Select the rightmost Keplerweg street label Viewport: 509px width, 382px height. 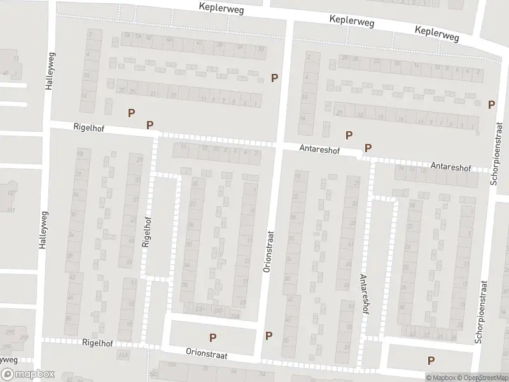point(436,33)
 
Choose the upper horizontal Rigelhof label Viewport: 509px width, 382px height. point(88,129)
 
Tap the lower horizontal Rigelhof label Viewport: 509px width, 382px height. point(97,343)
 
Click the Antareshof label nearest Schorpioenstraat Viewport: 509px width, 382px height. point(450,167)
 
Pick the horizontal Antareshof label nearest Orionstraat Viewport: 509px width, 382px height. point(320,150)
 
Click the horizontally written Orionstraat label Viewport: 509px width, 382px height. point(207,351)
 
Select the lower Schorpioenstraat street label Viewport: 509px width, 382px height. point(482,312)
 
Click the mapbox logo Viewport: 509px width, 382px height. point(27,374)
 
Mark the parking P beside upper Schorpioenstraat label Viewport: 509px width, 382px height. point(491,104)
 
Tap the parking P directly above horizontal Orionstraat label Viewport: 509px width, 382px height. point(213,337)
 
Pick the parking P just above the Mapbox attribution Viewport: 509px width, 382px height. point(431,360)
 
